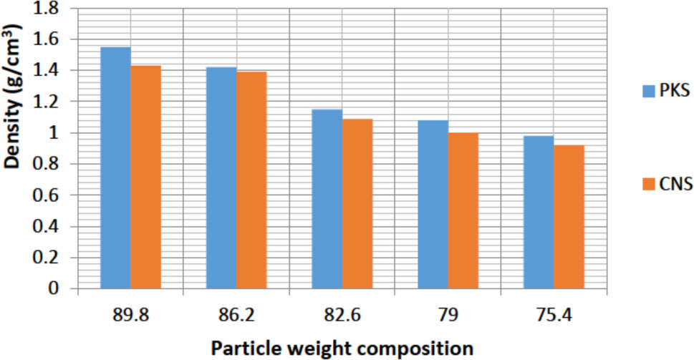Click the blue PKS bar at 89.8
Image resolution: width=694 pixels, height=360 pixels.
click(x=115, y=168)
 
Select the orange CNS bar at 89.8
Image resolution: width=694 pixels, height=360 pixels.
click(x=146, y=177)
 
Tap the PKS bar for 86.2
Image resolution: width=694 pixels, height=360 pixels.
click(x=221, y=178)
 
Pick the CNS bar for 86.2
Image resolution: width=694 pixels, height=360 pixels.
click(x=251, y=180)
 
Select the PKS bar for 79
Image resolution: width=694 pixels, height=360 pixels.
click(x=433, y=205)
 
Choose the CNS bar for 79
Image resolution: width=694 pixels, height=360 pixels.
click(x=463, y=211)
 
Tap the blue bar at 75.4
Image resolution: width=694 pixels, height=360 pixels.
click(x=539, y=213)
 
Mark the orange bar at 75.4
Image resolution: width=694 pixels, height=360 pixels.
click(x=569, y=217)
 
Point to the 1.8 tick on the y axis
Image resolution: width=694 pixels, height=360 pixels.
click(x=51, y=9)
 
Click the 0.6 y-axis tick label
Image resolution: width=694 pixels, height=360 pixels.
click(x=51, y=195)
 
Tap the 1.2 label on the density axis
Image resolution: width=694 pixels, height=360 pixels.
click(x=51, y=102)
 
